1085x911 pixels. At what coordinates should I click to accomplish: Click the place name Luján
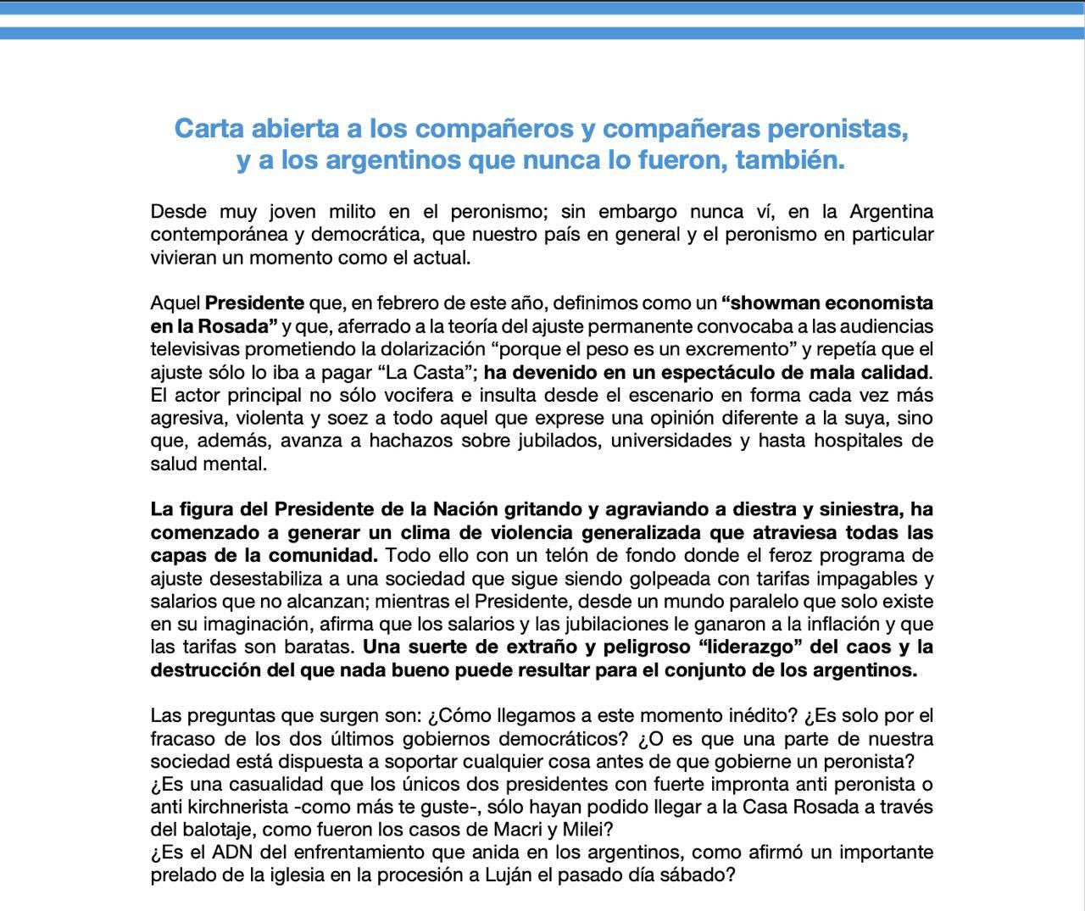click(509, 875)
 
